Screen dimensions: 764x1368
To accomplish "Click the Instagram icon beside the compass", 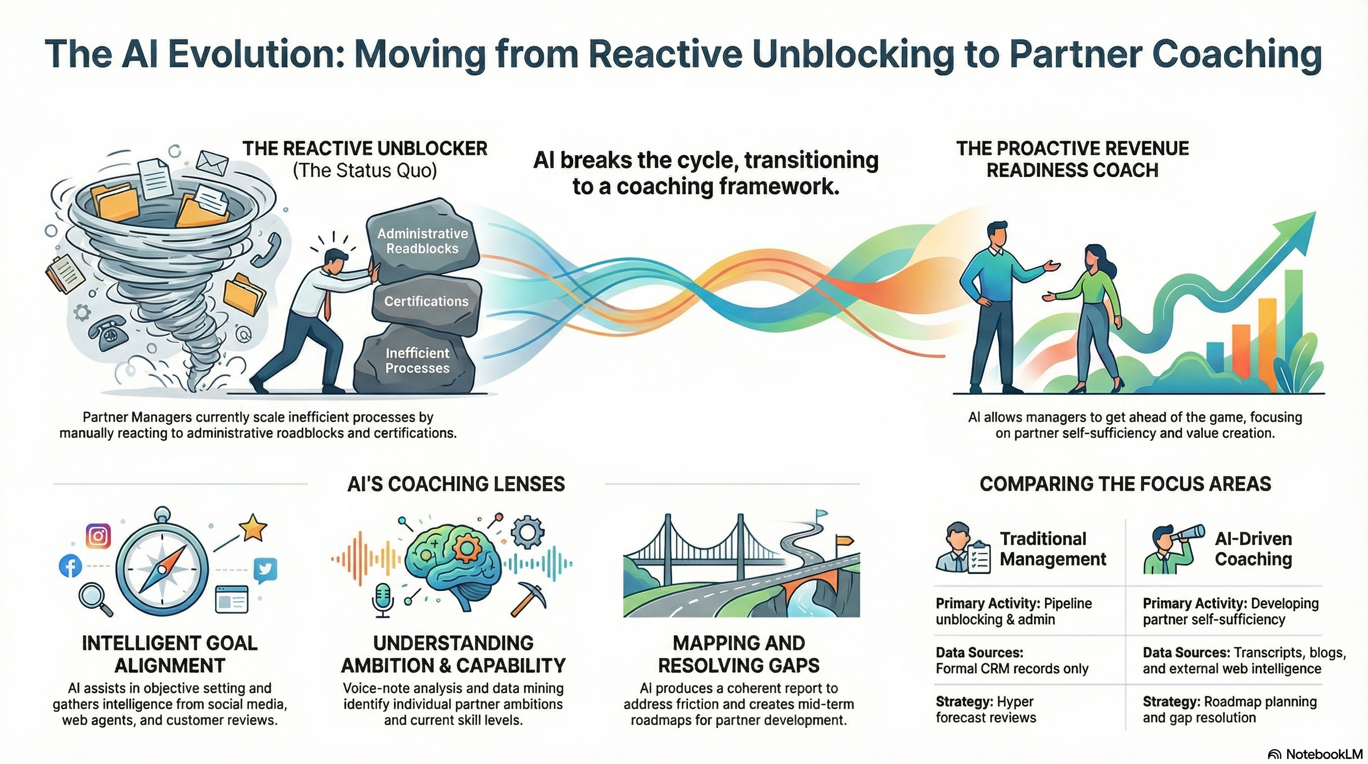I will click(x=98, y=536).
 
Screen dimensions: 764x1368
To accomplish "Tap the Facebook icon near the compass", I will click(x=71, y=566).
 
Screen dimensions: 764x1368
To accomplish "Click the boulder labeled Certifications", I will click(x=426, y=302).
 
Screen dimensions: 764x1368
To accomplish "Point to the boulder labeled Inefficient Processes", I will click(x=417, y=361).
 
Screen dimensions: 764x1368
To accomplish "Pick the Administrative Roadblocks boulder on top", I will click(x=423, y=241).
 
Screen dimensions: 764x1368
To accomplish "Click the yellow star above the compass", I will click(x=252, y=528).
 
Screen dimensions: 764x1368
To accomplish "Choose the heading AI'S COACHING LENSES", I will click(x=456, y=484).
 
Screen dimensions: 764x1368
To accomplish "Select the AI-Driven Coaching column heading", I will click(x=1253, y=549).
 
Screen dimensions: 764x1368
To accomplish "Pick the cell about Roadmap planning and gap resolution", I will click(x=1229, y=710).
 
